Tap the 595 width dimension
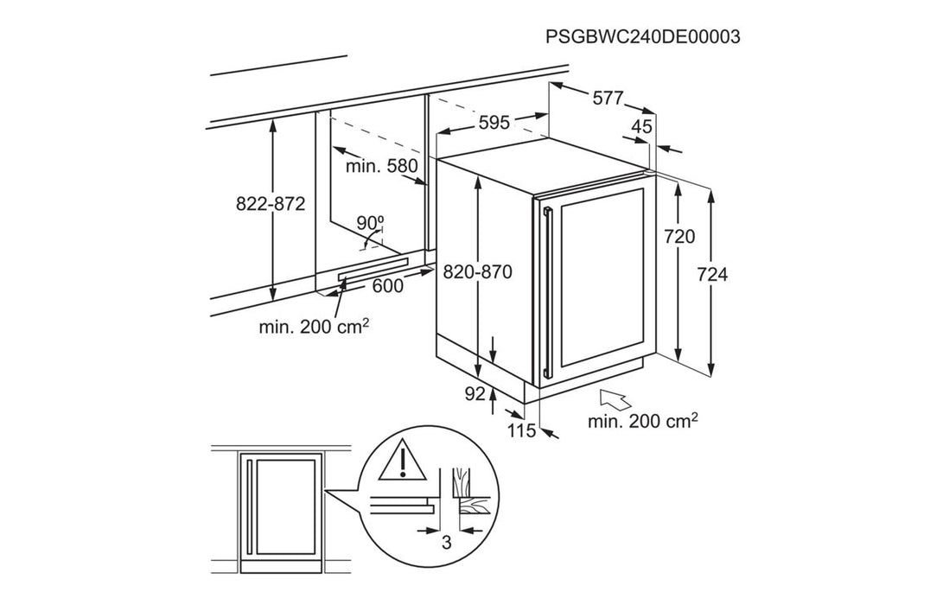pyautogui.click(x=494, y=123)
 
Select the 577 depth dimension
pyautogui.click(x=608, y=99)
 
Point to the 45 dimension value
pyautogui.click(x=640, y=127)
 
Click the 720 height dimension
pyautogui.click(x=680, y=236)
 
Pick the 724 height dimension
pyautogui.click(x=712, y=275)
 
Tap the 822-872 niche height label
pyautogui.click(x=271, y=205)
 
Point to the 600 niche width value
pyautogui.click(x=387, y=286)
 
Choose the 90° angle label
pyautogui.click(x=370, y=223)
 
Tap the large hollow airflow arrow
pyautogui.click(x=615, y=399)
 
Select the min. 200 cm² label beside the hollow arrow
pyautogui.click(x=643, y=422)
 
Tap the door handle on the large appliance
pyautogui.click(x=546, y=294)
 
